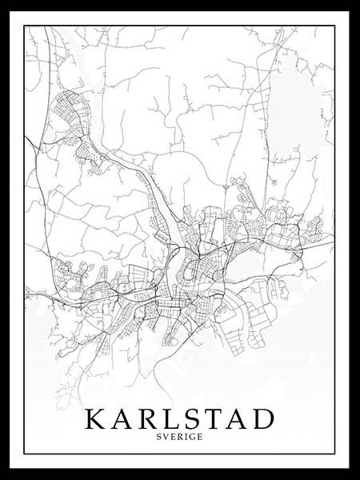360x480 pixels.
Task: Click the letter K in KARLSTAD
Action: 95,420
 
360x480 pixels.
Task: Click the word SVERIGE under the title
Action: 180,438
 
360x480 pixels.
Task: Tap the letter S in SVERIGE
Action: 161,438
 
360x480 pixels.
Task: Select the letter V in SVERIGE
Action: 167,438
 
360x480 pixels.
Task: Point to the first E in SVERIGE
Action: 174,438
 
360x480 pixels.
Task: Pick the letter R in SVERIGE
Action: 180,438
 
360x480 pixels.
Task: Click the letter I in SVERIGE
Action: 186,438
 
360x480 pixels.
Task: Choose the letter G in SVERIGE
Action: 191,438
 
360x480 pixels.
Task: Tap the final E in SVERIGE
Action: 198,438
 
